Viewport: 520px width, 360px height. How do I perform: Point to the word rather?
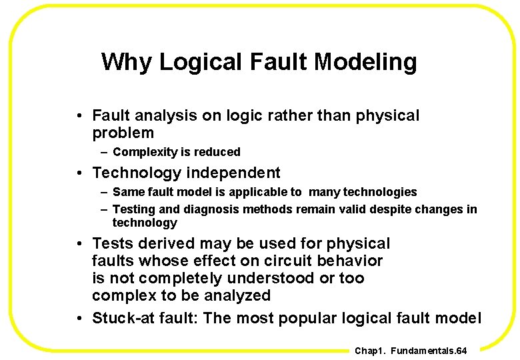tap(287, 115)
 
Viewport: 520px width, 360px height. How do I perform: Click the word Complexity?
tap(143, 152)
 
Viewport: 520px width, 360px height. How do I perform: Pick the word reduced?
tap(217, 152)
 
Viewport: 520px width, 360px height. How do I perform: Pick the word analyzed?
tap(237, 295)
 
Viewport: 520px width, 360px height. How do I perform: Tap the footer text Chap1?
tap(369, 351)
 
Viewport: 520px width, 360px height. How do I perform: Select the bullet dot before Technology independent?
tap(79, 173)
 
